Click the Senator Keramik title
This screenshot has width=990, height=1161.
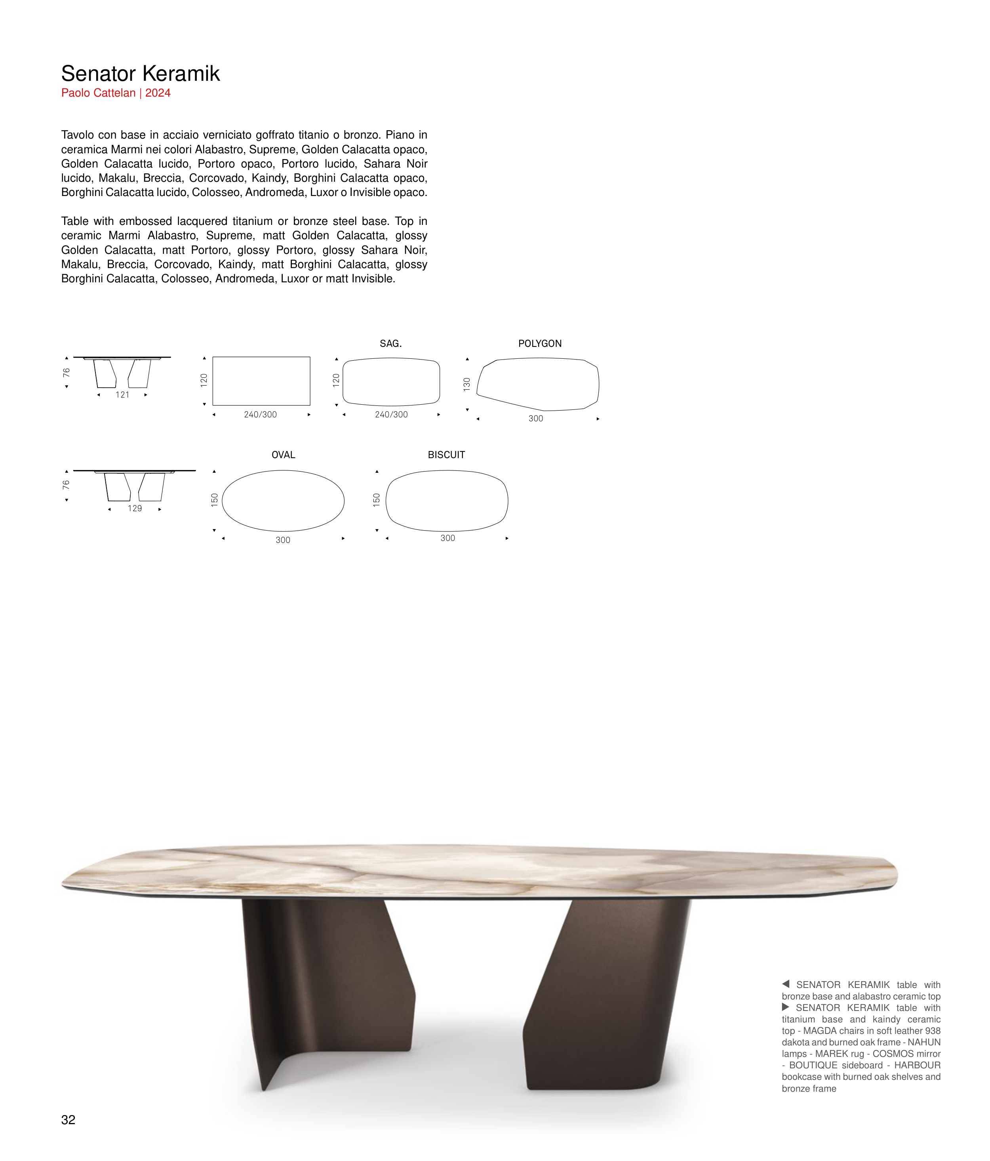pyautogui.click(x=140, y=73)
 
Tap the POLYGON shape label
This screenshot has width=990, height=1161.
pyautogui.click(x=539, y=343)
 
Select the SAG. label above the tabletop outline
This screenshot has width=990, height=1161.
pyautogui.click(x=390, y=343)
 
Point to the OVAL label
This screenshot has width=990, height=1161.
pyautogui.click(x=283, y=455)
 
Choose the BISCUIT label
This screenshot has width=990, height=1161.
pyautogui.click(x=446, y=455)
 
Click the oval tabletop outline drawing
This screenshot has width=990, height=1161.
pyautogui.click(x=283, y=501)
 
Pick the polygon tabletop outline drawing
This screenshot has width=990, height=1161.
pyautogui.click(x=538, y=384)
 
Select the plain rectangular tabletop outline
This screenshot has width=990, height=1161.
pyautogui.click(x=261, y=381)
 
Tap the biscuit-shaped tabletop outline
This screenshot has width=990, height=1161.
pyautogui.click(x=447, y=501)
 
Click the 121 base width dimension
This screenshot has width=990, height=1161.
pyautogui.click(x=122, y=395)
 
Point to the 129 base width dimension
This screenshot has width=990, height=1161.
pyautogui.click(x=135, y=509)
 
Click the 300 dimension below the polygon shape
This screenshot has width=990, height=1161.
pyautogui.click(x=536, y=419)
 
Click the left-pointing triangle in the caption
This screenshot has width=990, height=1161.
pyautogui.click(x=786, y=984)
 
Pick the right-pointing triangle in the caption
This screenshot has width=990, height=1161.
pyautogui.click(x=786, y=1007)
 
